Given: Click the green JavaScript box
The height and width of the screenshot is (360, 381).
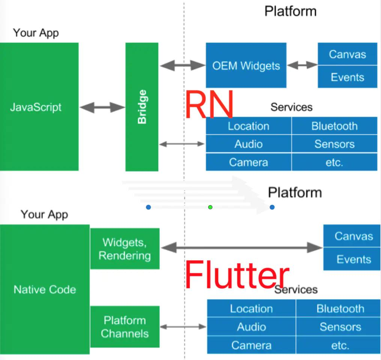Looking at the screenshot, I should pos(39,107).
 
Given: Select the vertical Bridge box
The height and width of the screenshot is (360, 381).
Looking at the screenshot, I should pos(142,107).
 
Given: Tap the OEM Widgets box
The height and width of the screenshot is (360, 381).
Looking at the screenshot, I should pos(246,66).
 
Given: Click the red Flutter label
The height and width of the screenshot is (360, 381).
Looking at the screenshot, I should pos(237,276).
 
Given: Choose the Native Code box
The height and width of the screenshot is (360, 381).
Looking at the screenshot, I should pos(45,289).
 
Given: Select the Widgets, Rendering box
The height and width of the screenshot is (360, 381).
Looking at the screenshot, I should pos(125,249).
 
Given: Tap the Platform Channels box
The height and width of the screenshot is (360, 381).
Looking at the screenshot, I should pos(125,327).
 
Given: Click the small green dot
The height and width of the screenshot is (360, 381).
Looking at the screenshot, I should pos(210,207).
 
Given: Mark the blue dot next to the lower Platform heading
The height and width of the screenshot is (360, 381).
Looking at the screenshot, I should pos(272,207).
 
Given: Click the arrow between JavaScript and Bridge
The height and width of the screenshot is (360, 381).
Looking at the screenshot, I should pos(102,108).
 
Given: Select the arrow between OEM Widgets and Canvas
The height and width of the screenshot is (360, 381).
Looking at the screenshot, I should pos(302,65).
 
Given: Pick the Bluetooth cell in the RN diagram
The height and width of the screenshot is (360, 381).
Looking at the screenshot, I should pos(334,126).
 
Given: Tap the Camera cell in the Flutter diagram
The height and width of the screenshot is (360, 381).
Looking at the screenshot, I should pos(251,345).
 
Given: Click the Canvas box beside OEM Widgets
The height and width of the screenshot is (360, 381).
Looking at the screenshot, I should pos(347,54).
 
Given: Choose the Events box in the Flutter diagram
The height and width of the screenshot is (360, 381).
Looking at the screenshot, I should pos(354,259).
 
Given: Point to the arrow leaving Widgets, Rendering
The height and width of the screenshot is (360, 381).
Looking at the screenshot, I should pos(241,247).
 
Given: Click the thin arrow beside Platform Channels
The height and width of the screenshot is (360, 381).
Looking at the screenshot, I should pos(183,327).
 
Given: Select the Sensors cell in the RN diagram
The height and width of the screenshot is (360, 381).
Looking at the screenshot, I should pos(334,144).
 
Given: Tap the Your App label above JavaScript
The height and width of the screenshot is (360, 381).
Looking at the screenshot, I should pos(36,33).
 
